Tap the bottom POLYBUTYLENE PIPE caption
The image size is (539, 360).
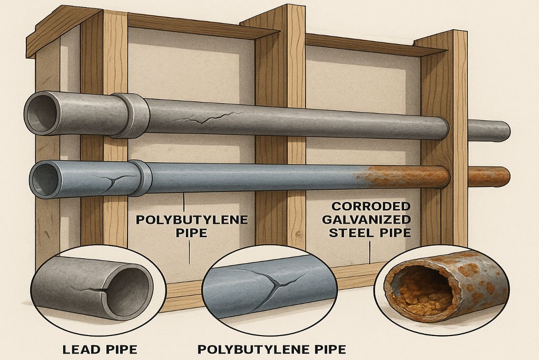coord(272,349)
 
